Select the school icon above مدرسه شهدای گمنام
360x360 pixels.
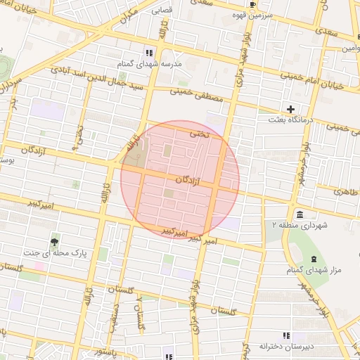pos(148,53)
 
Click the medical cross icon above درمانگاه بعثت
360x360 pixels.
pos(290,109)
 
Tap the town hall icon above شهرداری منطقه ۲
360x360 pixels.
pos(300,214)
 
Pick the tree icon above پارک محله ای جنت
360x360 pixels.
pos(55,241)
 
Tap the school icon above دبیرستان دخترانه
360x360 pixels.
pos(285,335)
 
